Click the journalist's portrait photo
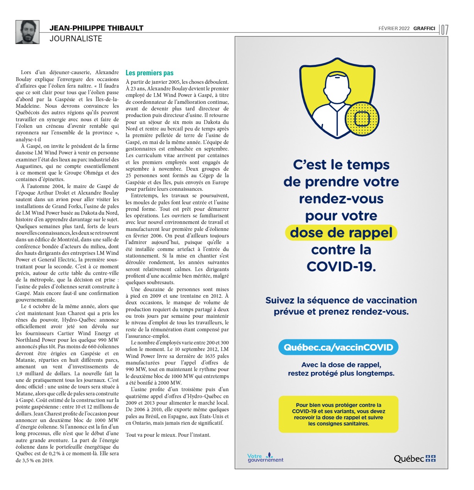pyautogui.click(x=27, y=32)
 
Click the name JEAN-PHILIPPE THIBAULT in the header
pyautogui.click(x=96, y=28)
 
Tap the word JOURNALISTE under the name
pyautogui.click(x=76, y=39)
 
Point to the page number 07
pyautogui.click(x=444, y=30)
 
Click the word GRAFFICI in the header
pyautogui.click(x=424, y=29)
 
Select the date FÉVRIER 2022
pyautogui.click(x=394, y=29)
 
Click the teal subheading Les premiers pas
pyautogui.click(x=149, y=73)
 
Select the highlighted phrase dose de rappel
pyautogui.click(x=341, y=233)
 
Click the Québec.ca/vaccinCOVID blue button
pyautogui.click(x=338, y=347)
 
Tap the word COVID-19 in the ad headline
pyautogui.click(x=341, y=266)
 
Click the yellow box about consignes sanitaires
pyautogui.click(x=338, y=414)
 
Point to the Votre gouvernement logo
pyautogui.click(x=265, y=458)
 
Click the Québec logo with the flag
pyautogui.click(x=414, y=459)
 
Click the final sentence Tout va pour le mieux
pyautogui.click(x=168, y=435)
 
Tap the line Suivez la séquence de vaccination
pyautogui.click(x=341, y=300)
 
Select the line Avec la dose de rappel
pyautogui.click(x=341, y=365)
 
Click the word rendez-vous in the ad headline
pyautogui.click(x=341, y=199)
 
